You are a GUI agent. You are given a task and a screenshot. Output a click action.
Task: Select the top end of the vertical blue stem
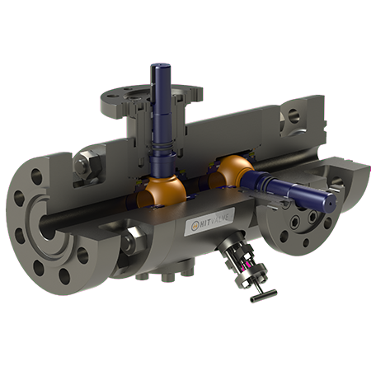point(159,67)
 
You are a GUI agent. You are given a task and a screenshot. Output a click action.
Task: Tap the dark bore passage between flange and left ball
point(91,206)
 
